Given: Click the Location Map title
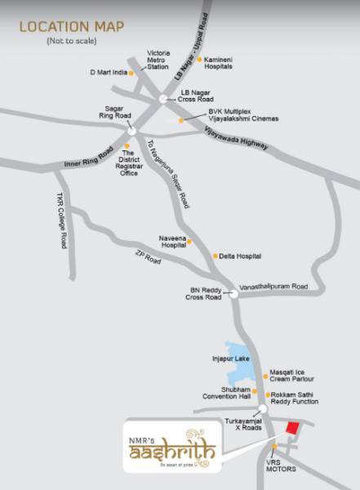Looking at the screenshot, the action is pos(72,27).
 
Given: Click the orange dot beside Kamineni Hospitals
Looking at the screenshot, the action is pos(199,59).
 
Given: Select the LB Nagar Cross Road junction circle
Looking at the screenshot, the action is pos(163,97).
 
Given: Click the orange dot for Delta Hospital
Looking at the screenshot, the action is pos(216,256).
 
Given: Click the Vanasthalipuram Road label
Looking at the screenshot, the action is pos(273,287).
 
